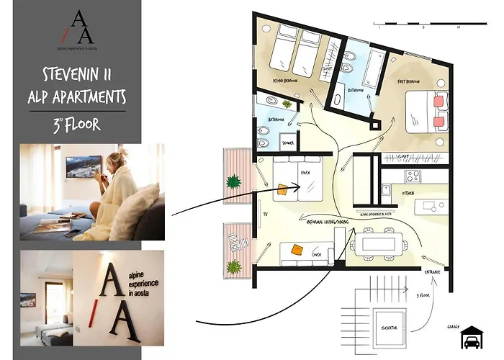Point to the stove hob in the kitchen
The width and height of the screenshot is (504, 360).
pos(413,175)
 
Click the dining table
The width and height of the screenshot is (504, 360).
pos(374,243)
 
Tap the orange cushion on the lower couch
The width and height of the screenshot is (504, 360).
pos(297,249)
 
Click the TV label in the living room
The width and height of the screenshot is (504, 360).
pos(264,215)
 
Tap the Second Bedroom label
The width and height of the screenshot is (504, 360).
pos(287,81)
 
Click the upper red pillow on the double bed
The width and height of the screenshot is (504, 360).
pos(438,102)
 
